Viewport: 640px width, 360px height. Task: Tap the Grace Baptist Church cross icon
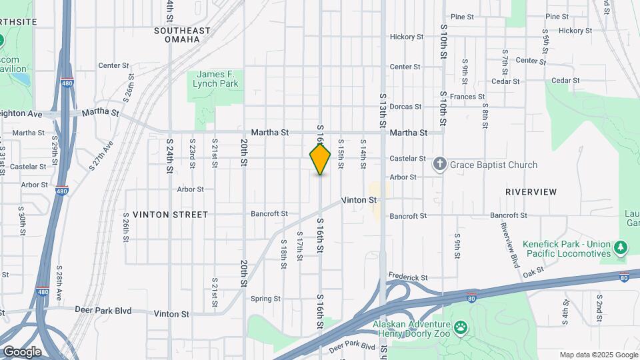click(x=439, y=164)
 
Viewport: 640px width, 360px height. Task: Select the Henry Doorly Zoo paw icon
click(x=461, y=328)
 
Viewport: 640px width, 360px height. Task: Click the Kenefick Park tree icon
click(x=621, y=248)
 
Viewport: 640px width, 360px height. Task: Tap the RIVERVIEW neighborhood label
click(x=531, y=192)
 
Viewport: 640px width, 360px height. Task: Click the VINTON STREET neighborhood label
click(x=170, y=215)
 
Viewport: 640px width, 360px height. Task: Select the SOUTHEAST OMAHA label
click(x=182, y=35)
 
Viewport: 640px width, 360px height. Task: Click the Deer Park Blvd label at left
click(x=103, y=311)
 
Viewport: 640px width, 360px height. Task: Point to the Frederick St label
click(x=408, y=277)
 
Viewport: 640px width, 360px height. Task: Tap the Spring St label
click(x=265, y=299)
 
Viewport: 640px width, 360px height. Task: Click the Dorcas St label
click(x=406, y=107)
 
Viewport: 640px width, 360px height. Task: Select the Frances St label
click(x=467, y=97)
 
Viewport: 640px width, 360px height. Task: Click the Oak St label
click(x=534, y=273)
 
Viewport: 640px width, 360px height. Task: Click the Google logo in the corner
click(x=22, y=351)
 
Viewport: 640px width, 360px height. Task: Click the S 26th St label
click(x=125, y=227)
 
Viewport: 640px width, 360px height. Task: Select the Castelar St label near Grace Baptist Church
click(x=407, y=159)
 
